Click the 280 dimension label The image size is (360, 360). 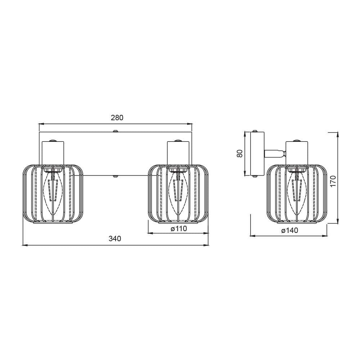(x=117, y=118)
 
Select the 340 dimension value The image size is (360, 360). (x=115, y=239)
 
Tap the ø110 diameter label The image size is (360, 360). (x=179, y=229)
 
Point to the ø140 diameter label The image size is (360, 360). (x=290, y=230)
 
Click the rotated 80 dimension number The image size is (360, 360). (x=239, y=153)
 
